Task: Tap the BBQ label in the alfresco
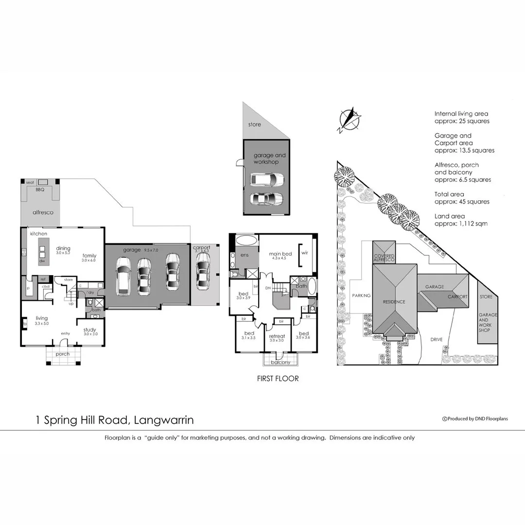(x=39, y=190)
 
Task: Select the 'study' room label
(x=90, y=330)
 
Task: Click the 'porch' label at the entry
(x=63, y=354)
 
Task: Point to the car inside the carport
(x=202, y=270)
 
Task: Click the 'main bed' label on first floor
(x=280, y=254)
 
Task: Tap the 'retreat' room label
(x=278, y=336)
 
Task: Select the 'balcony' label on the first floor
(x=280, y=362)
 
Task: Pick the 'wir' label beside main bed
(x=305, y=253)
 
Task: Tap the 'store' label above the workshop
(x=254, y=124)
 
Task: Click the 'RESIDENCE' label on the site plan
(x=394, y=301)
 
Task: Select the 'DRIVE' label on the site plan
(x=436, y=340)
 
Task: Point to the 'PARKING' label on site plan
(x=361, y=296)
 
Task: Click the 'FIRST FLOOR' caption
(x=278, y=378)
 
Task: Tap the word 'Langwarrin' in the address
(x=163, y=420)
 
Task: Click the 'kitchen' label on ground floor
(x=39, y=234)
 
